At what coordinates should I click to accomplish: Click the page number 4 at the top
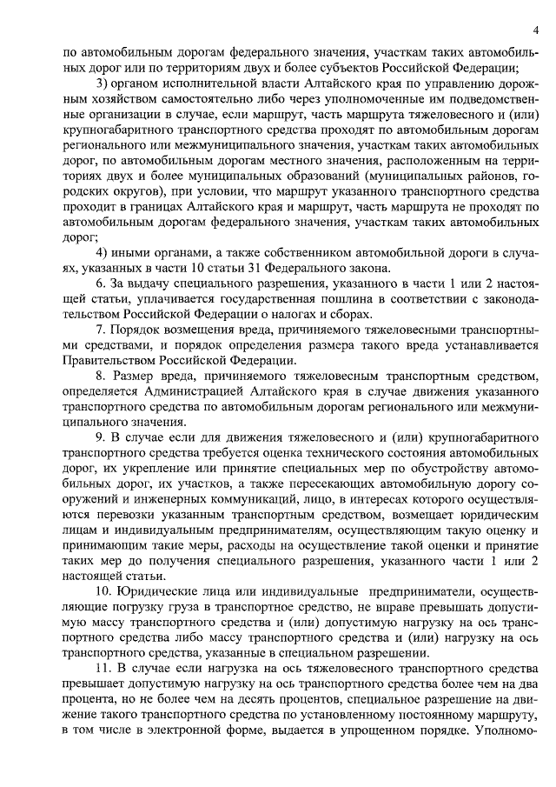coord(536,32)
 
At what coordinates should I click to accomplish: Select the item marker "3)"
coord(103,83)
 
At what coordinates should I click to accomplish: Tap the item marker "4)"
coord(103,252)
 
